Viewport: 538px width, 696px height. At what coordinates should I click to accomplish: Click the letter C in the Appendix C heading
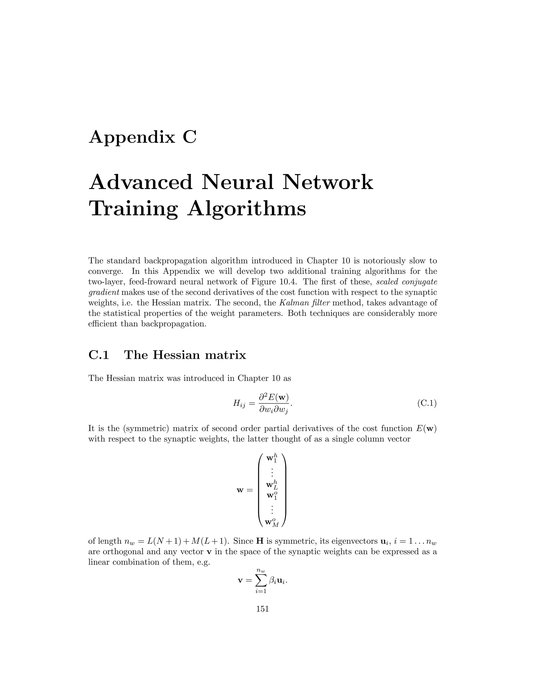190,137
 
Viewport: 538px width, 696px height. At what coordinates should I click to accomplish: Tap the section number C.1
99,355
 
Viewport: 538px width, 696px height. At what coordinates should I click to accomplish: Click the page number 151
263,609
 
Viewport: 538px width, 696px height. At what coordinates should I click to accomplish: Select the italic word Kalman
292,303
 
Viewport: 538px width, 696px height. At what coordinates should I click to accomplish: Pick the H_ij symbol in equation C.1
239,404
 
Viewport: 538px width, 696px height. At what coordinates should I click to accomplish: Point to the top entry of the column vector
272,458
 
